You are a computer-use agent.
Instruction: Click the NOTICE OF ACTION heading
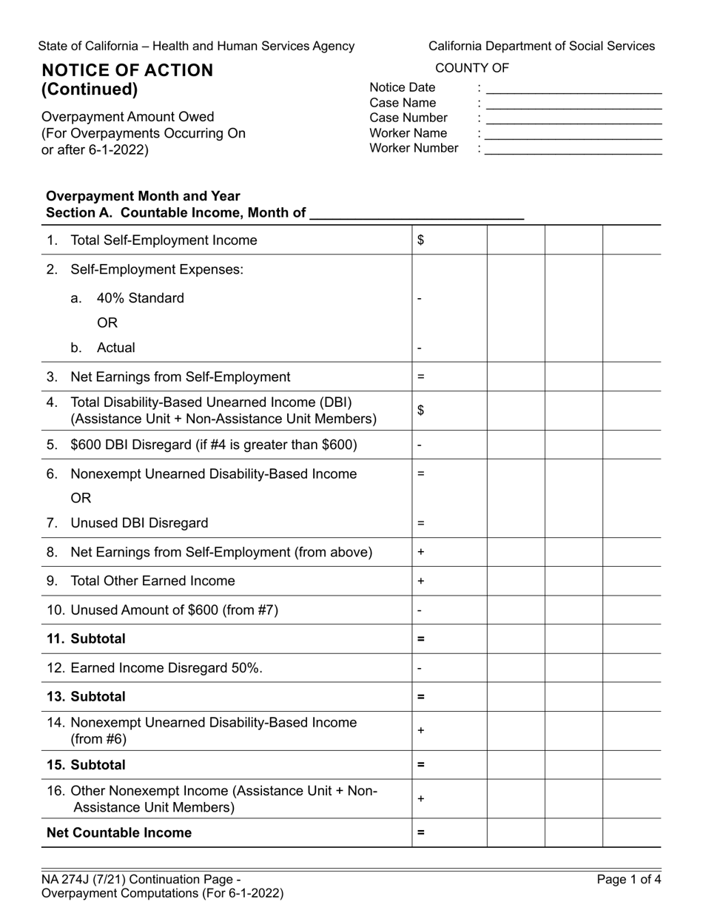click(x=127, y=70)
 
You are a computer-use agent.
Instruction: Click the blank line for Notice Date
click(x=573, y=88)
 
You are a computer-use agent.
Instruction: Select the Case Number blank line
click(x=573, y=118)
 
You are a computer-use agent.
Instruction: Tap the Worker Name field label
click(x=408, y=133)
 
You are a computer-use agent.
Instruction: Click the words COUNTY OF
click(x=472, y=68)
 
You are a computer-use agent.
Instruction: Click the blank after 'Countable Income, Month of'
click(x=417, y=214)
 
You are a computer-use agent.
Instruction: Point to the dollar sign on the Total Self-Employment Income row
click(x=420, y=240)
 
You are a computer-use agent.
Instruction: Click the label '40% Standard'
click(x=140, y=298)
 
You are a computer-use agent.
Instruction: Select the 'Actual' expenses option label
click(x=115, y=348)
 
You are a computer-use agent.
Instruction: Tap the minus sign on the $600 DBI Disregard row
click(x=420, y=445)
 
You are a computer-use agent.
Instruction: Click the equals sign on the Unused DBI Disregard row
click(x=420, y=523)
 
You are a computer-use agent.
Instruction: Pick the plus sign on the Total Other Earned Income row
click(x=420, y=582)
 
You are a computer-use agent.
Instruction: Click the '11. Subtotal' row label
click(x=86, y=638)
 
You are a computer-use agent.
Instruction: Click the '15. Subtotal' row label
click(x=86, y=765)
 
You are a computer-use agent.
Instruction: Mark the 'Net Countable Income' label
click(x=118, y=833)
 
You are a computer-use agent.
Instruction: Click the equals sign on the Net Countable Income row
click(x=420, y=833)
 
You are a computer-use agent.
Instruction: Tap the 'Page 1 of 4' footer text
click(x=629, y=880)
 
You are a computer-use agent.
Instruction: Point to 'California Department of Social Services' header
click(x=541, y=46)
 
